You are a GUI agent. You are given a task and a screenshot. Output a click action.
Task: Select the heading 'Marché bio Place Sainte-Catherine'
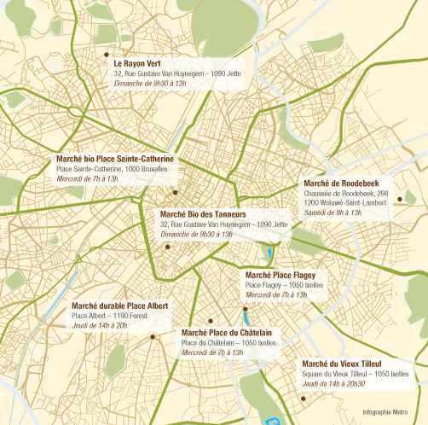tap(115, 159)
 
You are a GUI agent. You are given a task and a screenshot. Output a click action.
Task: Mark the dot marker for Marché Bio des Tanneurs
tap(167, 246)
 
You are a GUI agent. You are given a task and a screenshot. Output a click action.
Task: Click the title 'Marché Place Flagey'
tap(281, 275)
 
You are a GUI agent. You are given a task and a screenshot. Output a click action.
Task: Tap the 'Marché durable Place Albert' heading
tap(120, 305)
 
